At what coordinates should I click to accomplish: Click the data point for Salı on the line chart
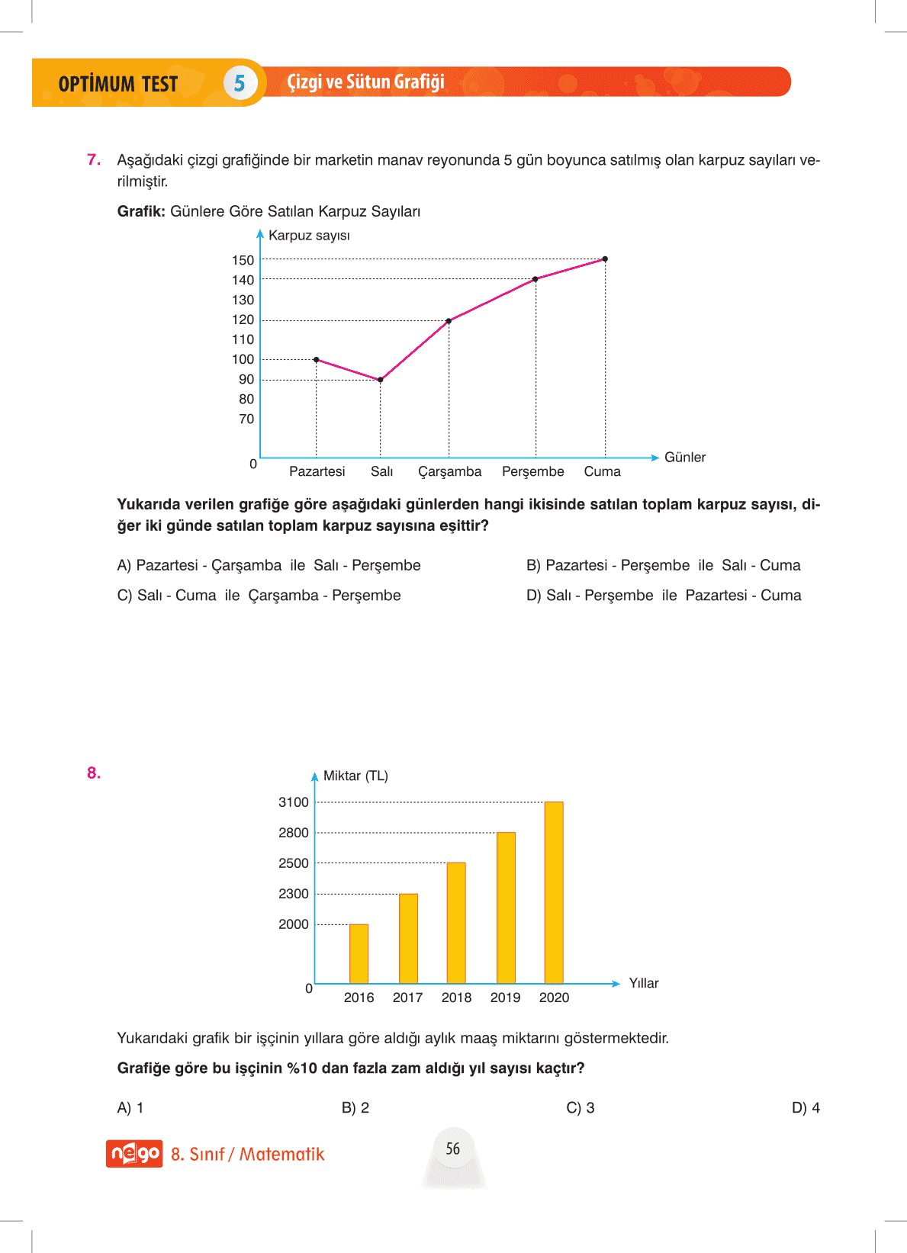click(381, 379)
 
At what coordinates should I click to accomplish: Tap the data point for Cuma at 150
click(605, 259)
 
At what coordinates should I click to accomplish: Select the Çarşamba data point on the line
click(449, 321)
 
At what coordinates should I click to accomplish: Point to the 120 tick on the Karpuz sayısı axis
click(243, 320)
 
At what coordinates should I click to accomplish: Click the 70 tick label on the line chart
click(246, 419)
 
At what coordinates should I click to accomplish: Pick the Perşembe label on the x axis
click(532, 471)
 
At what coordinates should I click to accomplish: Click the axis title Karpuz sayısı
click(309, 236)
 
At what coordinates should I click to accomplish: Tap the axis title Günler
click(684, 457)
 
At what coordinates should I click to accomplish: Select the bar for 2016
click(359, 953)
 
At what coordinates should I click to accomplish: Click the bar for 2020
click(554, 892)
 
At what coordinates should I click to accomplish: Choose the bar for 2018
click(456, 923)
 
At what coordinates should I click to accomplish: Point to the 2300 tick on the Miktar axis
click(294, 894)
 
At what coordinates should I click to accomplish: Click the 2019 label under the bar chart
click(505, 998)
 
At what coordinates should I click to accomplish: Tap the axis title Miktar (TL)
click(355, 776)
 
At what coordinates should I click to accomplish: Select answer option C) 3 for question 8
click(581, 1107)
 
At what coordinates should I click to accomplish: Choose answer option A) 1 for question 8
click(130, 1107)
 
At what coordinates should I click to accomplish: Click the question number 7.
click(94, 159)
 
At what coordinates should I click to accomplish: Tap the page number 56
click(453, 1149)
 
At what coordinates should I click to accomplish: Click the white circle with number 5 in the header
click(240, 83)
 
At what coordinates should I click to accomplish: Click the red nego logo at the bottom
click(134, 1154)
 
